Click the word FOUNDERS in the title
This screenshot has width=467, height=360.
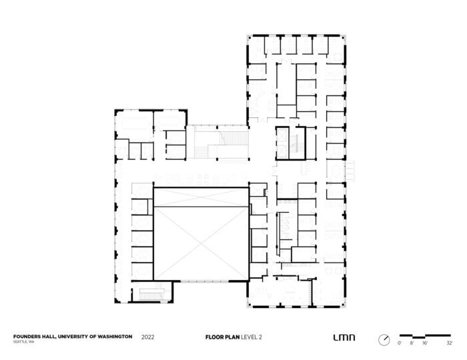pos(25,337)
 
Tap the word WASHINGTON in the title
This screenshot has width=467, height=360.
pos(111,337)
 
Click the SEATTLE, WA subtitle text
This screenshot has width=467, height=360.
pos(24,342)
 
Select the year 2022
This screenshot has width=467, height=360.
pos(149,337)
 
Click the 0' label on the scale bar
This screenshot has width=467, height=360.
pos(400,342)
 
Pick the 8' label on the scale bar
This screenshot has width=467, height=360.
pos(412,342)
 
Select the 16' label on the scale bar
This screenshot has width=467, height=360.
pos(426,342)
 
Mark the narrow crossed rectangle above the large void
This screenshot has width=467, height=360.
pos(201,197)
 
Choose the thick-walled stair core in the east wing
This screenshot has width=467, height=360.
pos(292,143)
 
